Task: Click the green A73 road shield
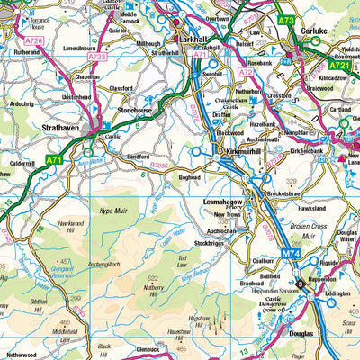286,20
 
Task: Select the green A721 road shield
337,66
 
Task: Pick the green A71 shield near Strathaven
54,161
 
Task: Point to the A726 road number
33,40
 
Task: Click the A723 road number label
98,56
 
